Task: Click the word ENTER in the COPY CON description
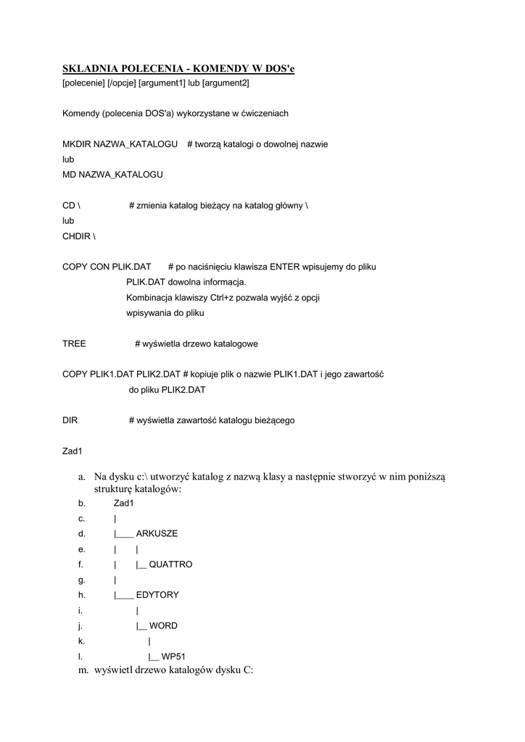point(285,267)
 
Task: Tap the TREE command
point(74,343)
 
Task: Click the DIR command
point(70,420)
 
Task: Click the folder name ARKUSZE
point(157,534)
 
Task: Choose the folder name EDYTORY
point(157,596)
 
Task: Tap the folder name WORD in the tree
point(163,626)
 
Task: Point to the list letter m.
point(83,671)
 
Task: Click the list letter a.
point(81,476)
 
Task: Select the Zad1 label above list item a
point(73,451)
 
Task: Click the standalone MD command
point(70,175)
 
